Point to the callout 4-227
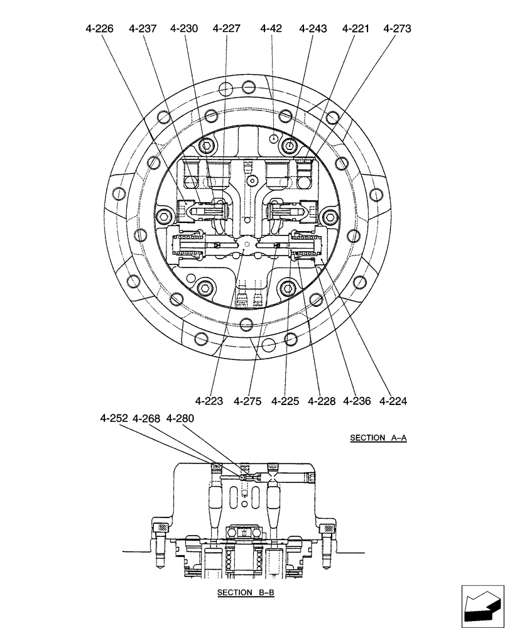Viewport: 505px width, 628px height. point(226,28)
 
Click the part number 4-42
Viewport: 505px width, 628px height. point(271,28)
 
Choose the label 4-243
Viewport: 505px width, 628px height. point(313,28)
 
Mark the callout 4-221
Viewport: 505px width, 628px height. point(356,28)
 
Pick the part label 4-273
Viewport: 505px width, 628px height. point(397,28)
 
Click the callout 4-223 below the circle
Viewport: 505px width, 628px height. point(209,401)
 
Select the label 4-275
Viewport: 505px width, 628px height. point(247,401)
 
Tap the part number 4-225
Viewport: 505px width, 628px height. point(285,401)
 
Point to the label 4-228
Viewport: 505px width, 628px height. point(322,401)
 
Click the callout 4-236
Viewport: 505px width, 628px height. point(357,401)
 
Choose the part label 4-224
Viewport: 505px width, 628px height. point(394,401)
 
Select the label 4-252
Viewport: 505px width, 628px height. point(114,418)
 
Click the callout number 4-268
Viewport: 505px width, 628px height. point(147,418)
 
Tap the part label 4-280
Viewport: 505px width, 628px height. point(180,418)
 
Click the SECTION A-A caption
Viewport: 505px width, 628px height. point(378,438)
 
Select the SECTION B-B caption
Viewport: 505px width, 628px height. point(246,592)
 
